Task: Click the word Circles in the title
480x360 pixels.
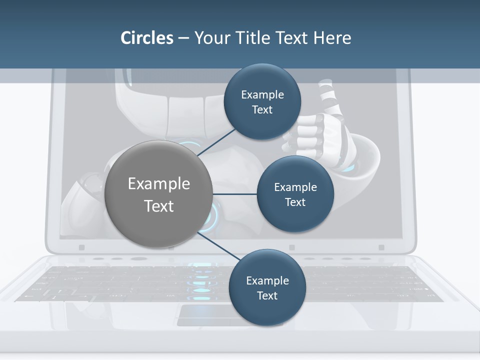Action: (x=147, y=38)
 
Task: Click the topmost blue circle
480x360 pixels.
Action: (x=262, y=101)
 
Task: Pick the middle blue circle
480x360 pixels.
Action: (x=295, y=194)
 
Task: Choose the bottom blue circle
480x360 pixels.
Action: (x=267, y=287)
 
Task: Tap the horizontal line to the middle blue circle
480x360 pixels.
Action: (x=235, y=194)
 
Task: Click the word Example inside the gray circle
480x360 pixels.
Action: (x=158, y=183)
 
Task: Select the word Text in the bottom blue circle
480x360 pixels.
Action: (x=267, y=295)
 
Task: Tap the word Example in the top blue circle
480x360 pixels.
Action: (x=262, y=94)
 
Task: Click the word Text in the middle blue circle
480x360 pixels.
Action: (x=295, y=202)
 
